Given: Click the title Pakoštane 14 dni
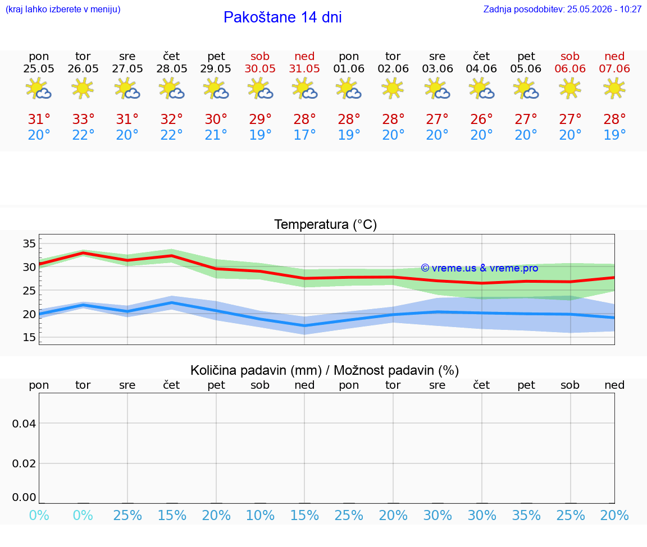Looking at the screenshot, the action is coord(283,17).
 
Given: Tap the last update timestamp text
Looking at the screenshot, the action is coord(562,9).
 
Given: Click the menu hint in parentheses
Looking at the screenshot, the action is coord(63,9).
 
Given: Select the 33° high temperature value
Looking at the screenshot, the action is coord(83,119).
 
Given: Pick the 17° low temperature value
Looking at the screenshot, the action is coord(304,135).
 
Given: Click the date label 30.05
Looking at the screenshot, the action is coord(260,68).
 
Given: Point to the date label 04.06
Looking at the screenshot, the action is coord(481,68).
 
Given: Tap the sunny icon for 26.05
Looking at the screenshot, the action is coord(83,88).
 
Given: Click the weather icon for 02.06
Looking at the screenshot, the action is coord(393,88).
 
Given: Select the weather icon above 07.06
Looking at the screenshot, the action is coord(614,88).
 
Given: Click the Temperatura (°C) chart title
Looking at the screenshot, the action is coord(326,224).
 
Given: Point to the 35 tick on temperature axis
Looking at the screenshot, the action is coord(29,243).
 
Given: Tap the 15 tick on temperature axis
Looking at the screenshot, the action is coord(29,338).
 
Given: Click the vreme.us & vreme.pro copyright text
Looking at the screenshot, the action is coord(480,268).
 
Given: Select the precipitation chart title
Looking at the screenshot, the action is coord(325,370).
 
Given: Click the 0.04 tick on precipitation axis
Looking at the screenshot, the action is coord(24,424).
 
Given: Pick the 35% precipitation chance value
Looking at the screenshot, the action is coord(526,516).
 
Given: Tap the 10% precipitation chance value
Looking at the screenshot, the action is coord(260,516).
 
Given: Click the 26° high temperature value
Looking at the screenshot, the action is coord(481,119).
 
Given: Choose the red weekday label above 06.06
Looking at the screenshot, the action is coord(570,56).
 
